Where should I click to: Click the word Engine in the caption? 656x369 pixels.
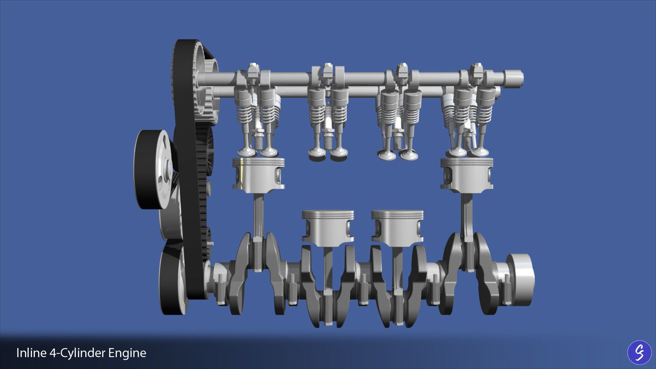pos(127,353)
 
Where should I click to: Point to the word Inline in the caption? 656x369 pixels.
pos(31,353)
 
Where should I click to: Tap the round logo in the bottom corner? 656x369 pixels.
pos(639,352)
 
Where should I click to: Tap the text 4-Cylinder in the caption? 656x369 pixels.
pos(77,353)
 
